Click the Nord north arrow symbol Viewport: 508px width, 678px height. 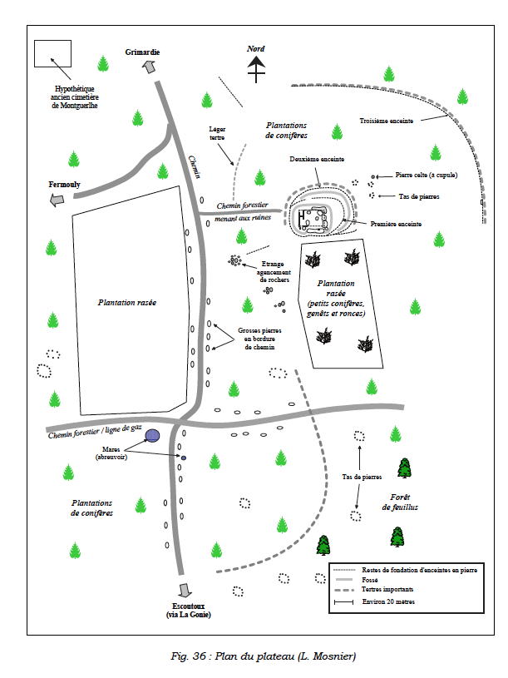click(256, 69)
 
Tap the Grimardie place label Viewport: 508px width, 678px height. click(142, 52)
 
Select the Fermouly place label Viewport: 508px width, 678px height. click(64, 185)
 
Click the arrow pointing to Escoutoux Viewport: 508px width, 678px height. click(185, 590)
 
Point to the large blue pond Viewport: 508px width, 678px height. click(152, 435)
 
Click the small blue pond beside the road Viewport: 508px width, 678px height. click(184, 458)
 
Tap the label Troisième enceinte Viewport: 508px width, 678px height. click(386, 121)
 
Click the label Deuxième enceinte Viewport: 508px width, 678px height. click(317, 159)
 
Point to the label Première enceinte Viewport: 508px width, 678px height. click(396, 224)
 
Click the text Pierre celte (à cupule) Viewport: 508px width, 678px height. click(427, 176)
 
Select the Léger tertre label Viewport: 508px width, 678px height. click(217, 133)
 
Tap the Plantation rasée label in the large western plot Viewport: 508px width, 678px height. click(127, 303)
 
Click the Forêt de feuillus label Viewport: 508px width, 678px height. click(400, 502)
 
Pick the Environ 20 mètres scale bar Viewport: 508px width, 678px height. click(344, 602)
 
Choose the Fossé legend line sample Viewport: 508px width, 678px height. click(344, 580)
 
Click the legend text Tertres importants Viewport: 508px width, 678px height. click(387, 589)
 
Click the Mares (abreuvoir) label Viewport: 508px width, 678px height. click(111, 453)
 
